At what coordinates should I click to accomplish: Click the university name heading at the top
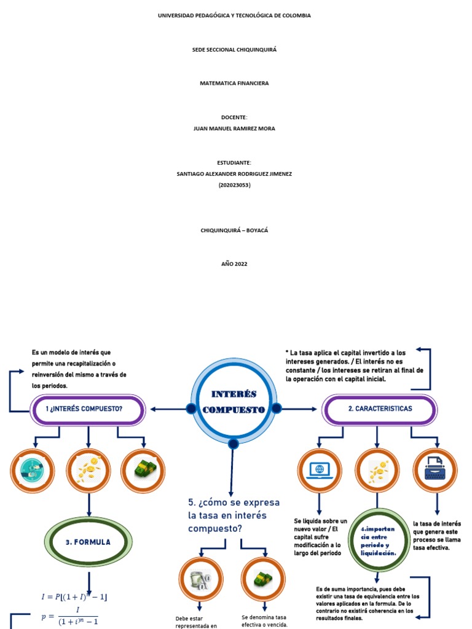234,15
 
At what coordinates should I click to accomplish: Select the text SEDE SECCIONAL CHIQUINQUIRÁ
234,49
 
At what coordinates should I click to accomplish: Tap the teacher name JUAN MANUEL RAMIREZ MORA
234,128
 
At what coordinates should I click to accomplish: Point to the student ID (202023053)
234,185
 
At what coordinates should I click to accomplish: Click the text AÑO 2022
234,264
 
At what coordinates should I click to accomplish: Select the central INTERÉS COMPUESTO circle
234,401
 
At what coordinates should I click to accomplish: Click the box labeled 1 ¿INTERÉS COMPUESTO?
88,409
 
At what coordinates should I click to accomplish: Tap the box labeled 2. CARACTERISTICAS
379,409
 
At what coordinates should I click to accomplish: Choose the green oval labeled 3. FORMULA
88,542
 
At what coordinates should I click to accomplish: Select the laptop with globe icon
320,471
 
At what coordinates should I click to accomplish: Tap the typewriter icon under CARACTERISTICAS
435,470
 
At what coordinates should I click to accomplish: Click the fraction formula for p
69,617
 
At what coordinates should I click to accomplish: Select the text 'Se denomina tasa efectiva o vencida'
265,620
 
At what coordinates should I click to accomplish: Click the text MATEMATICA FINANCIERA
234,83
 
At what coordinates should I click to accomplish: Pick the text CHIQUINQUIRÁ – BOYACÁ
234,230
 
